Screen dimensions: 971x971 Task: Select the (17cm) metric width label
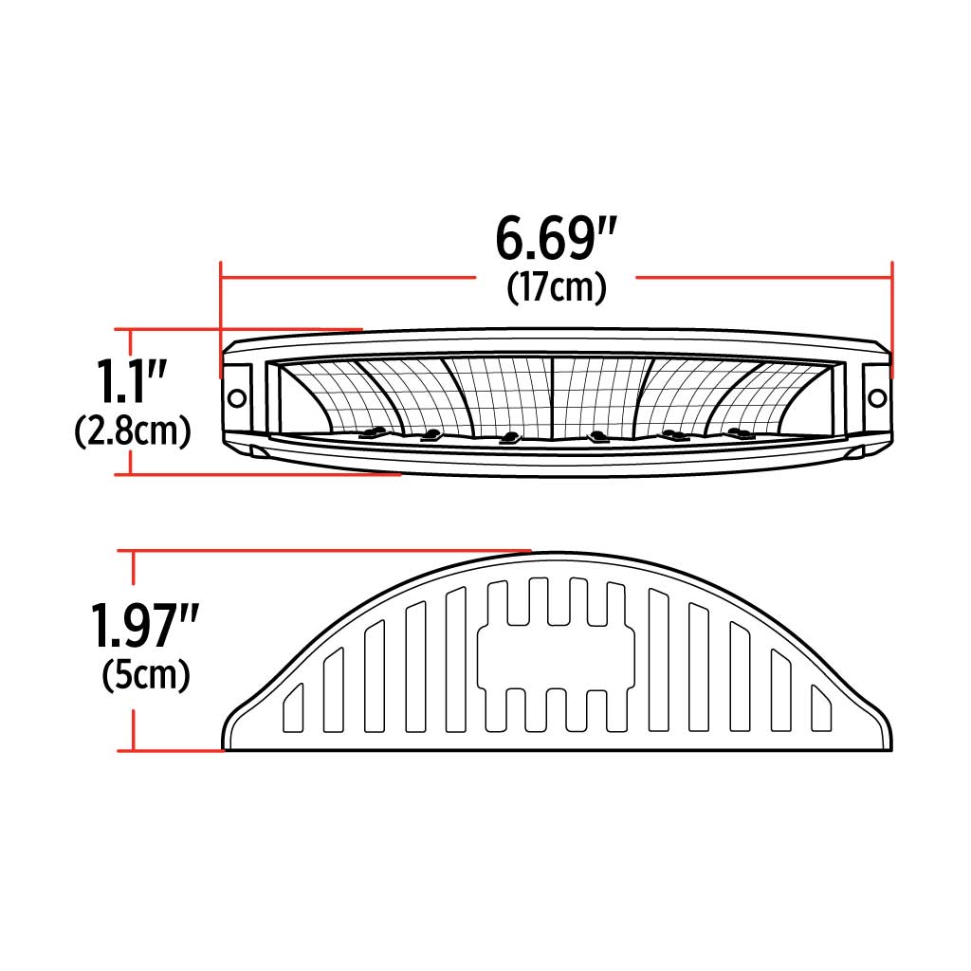(556, 287)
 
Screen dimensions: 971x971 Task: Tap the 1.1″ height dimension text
(132, 380)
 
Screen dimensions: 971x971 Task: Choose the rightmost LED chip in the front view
(736, 434)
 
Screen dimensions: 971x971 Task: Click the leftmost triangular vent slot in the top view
(293, 709)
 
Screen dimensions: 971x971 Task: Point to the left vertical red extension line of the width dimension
(220, 303)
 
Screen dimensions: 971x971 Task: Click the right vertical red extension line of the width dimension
(891, 303)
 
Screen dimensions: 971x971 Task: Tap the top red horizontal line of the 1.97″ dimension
(322, 549)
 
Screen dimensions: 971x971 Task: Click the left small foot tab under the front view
(257, 450)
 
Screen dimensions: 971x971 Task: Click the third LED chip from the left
(510, 437)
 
